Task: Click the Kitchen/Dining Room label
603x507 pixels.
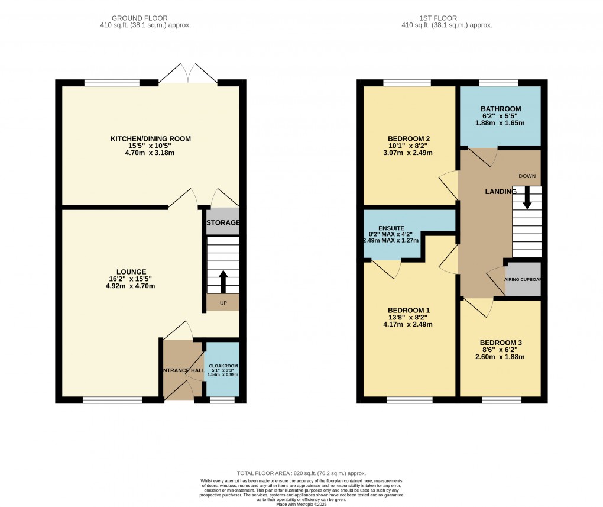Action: tap(151, 139)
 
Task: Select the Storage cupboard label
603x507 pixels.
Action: tap(223, 223)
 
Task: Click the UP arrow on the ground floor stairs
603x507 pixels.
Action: tap(223, 282)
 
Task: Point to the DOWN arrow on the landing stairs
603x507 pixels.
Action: tap(527, 198)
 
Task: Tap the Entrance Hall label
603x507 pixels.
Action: tap(182, 371)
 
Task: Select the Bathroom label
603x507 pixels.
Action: tap(500, 109)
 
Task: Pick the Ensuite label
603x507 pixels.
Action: tap(391, 227)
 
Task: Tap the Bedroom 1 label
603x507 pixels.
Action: tap(409, 311)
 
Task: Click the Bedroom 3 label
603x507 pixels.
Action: tap(500, 343)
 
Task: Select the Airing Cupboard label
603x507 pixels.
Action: tap(523, 279)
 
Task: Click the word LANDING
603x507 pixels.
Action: tap(501, 192)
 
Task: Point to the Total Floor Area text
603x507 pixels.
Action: tap(301, 473)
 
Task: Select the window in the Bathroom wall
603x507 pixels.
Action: tap(498, 83)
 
